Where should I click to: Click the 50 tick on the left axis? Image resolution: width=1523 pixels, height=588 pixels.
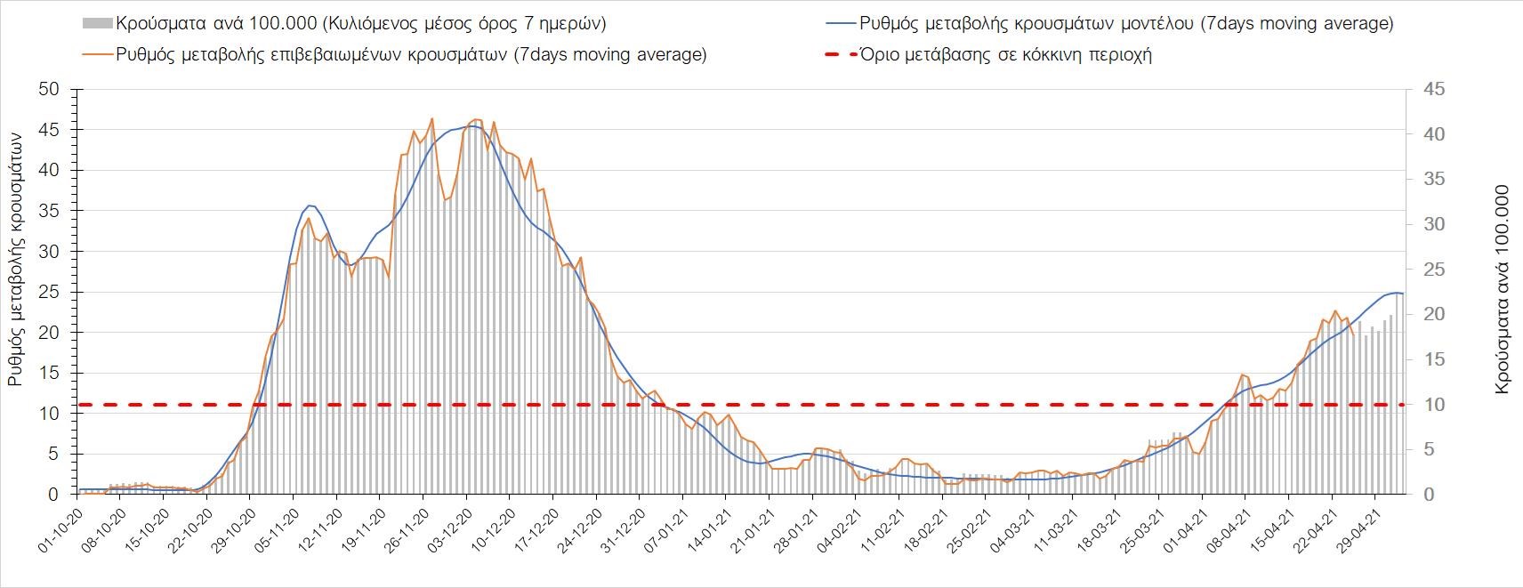click(x=49, y=90)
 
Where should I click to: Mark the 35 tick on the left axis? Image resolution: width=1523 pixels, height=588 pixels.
click(x=49, y=212)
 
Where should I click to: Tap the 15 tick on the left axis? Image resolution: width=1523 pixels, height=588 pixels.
click(x=49, y=374)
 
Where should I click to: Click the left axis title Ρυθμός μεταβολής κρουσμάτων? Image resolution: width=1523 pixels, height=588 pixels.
click(x=16, y=258)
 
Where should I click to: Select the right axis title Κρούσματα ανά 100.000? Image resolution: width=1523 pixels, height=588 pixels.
click(x=1503, y=289)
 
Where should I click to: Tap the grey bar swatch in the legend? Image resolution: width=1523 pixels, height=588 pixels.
click(x=96, y=24)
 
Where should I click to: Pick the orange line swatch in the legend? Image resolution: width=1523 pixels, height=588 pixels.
click(x=96, y=55)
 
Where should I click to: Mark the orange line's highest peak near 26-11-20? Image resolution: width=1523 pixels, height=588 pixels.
click(x=431, y=118)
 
